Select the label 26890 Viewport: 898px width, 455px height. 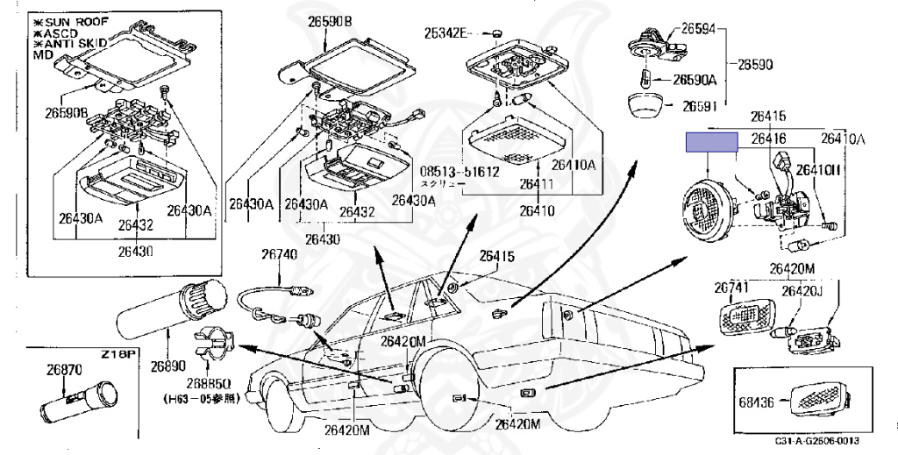point(169,363)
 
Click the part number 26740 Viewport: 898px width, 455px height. point(279,255)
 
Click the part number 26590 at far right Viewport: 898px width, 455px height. point(754,65)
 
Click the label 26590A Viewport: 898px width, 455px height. point(695,80)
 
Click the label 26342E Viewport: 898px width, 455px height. point(446,33)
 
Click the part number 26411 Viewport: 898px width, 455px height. point(536,184)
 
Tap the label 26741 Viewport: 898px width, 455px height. point(731,287)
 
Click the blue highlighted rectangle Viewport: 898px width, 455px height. point(711,141)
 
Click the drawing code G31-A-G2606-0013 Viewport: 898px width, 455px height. point(816,442)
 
